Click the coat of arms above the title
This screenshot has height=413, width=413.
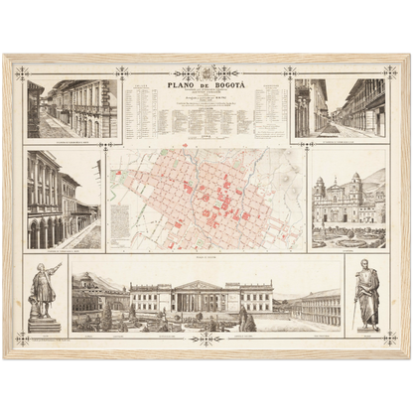point(206,72)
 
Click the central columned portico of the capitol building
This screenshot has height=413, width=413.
point(206,297)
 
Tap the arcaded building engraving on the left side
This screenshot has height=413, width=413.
point(64,200)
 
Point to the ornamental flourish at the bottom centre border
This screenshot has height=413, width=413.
point(206,338)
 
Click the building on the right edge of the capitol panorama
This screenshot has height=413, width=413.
point(317,308)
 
